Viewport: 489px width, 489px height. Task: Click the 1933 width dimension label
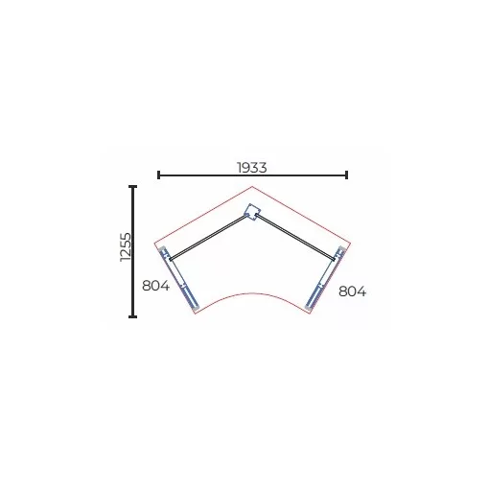(252, 168)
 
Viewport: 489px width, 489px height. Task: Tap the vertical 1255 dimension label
(126, 247)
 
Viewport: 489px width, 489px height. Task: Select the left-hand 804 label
(155, 286)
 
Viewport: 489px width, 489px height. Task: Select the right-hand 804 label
(352, 291)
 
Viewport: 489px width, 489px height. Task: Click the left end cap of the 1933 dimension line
(159, 175)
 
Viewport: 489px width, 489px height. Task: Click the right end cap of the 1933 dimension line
(346, 175)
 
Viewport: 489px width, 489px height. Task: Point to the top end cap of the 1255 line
(132, 186)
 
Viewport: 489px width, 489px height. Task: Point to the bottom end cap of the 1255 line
(132, 316)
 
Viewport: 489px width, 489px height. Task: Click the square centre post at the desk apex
(252, 212)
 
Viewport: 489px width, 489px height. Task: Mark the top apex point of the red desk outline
(252, 186)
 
